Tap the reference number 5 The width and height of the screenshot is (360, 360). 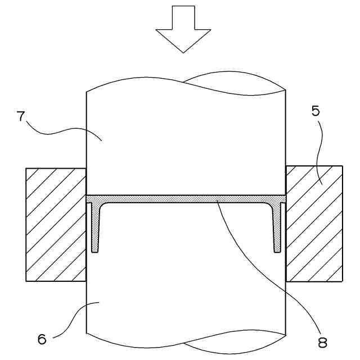(316, 111)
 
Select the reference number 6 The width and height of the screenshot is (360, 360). (42, 339)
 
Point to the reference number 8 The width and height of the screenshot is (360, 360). (322, 341)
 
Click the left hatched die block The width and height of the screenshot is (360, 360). (55, 224)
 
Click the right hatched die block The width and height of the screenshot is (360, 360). (314, 224)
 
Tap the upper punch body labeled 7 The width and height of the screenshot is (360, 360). (186, 141)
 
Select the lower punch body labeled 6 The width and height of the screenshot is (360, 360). (186, 281)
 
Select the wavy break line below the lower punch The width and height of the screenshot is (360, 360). (186, 344)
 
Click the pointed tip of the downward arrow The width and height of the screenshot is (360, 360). (183, 52)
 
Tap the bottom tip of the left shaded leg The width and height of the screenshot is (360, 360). (95, 251)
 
